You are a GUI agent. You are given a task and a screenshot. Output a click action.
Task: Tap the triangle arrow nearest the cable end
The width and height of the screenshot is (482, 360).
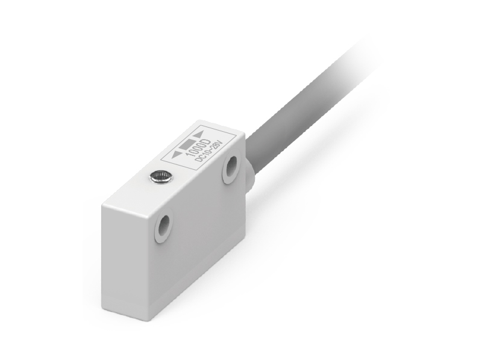point(198,134)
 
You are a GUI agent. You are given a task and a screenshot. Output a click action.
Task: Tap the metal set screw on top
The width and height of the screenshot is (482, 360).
point(160,177)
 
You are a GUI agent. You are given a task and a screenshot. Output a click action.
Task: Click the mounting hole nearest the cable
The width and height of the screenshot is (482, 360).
point(231,167)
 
